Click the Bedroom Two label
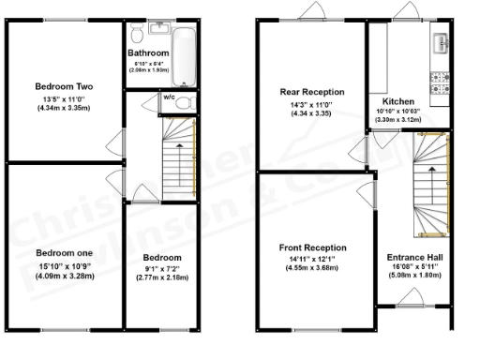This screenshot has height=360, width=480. [63, 87]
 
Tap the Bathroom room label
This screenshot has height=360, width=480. [148, 53]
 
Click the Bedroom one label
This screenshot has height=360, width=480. [63, 253]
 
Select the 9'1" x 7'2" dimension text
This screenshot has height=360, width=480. [162, 267]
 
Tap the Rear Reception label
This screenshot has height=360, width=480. [311, 92]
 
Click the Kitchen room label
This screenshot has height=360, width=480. [397, 100]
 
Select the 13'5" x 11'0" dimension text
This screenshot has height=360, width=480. [63, 98]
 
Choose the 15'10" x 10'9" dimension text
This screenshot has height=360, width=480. [63, 264]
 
